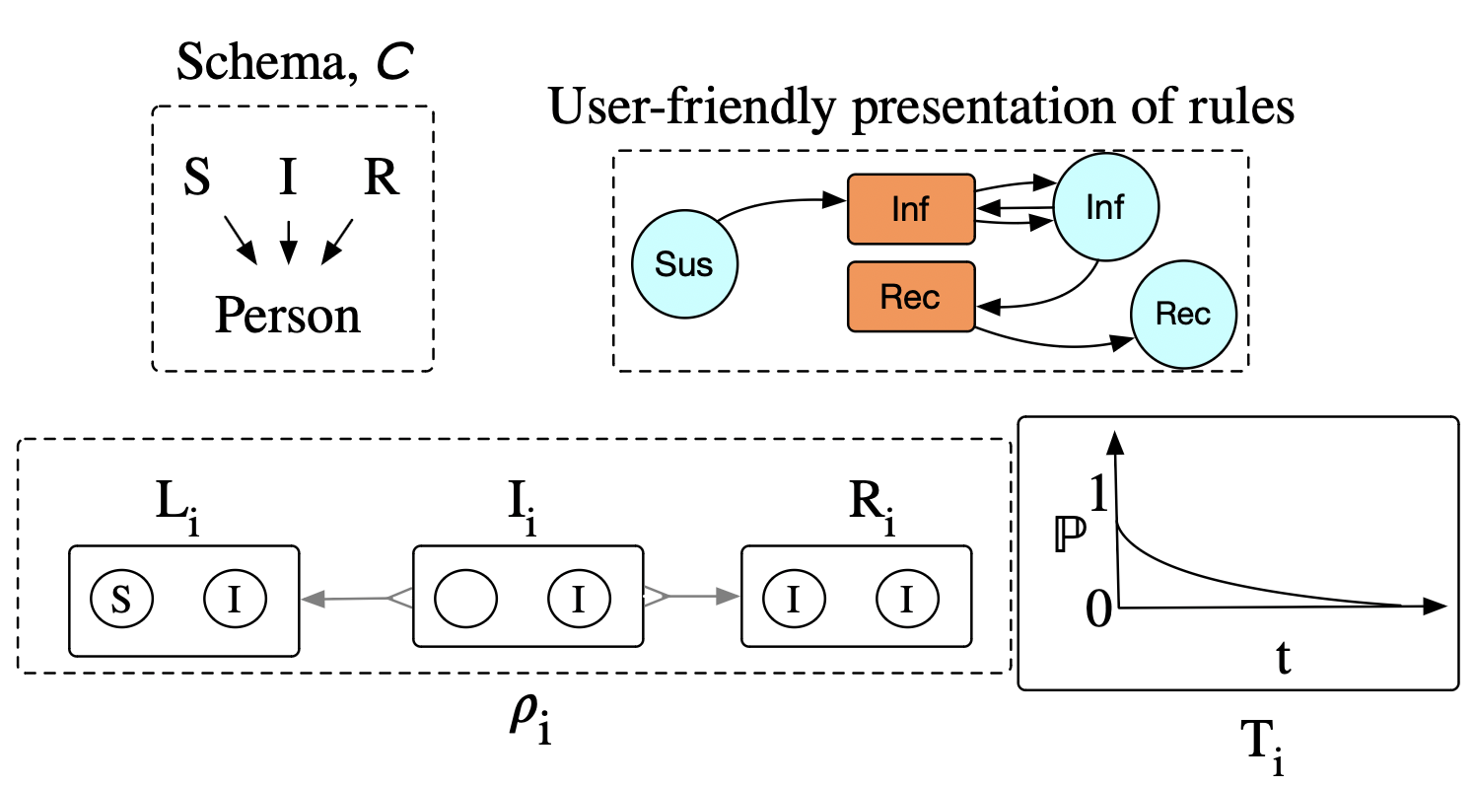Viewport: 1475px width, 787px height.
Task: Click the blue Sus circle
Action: (x=684, y=266)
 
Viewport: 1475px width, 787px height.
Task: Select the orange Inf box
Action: (x=910, y=209)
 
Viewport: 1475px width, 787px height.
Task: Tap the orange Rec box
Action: (x=910, y=296)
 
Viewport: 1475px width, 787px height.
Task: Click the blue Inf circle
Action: (x=1105, y=208)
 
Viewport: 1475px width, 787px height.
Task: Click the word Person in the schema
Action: (x=288, y=317)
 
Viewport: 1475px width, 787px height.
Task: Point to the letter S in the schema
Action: (x=198, y=180)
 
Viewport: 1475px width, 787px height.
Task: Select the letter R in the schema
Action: (x=381, y=180)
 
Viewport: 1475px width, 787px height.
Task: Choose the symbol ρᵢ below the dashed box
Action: (x=527, y=723)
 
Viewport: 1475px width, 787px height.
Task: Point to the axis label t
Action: (x=1284, y=658)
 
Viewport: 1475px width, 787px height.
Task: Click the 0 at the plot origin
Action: (x=1098, y=611)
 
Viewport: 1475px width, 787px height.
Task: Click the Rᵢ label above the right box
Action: (x=874, y=512)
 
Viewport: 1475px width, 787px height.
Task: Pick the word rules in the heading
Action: (x=1236, y=107)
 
